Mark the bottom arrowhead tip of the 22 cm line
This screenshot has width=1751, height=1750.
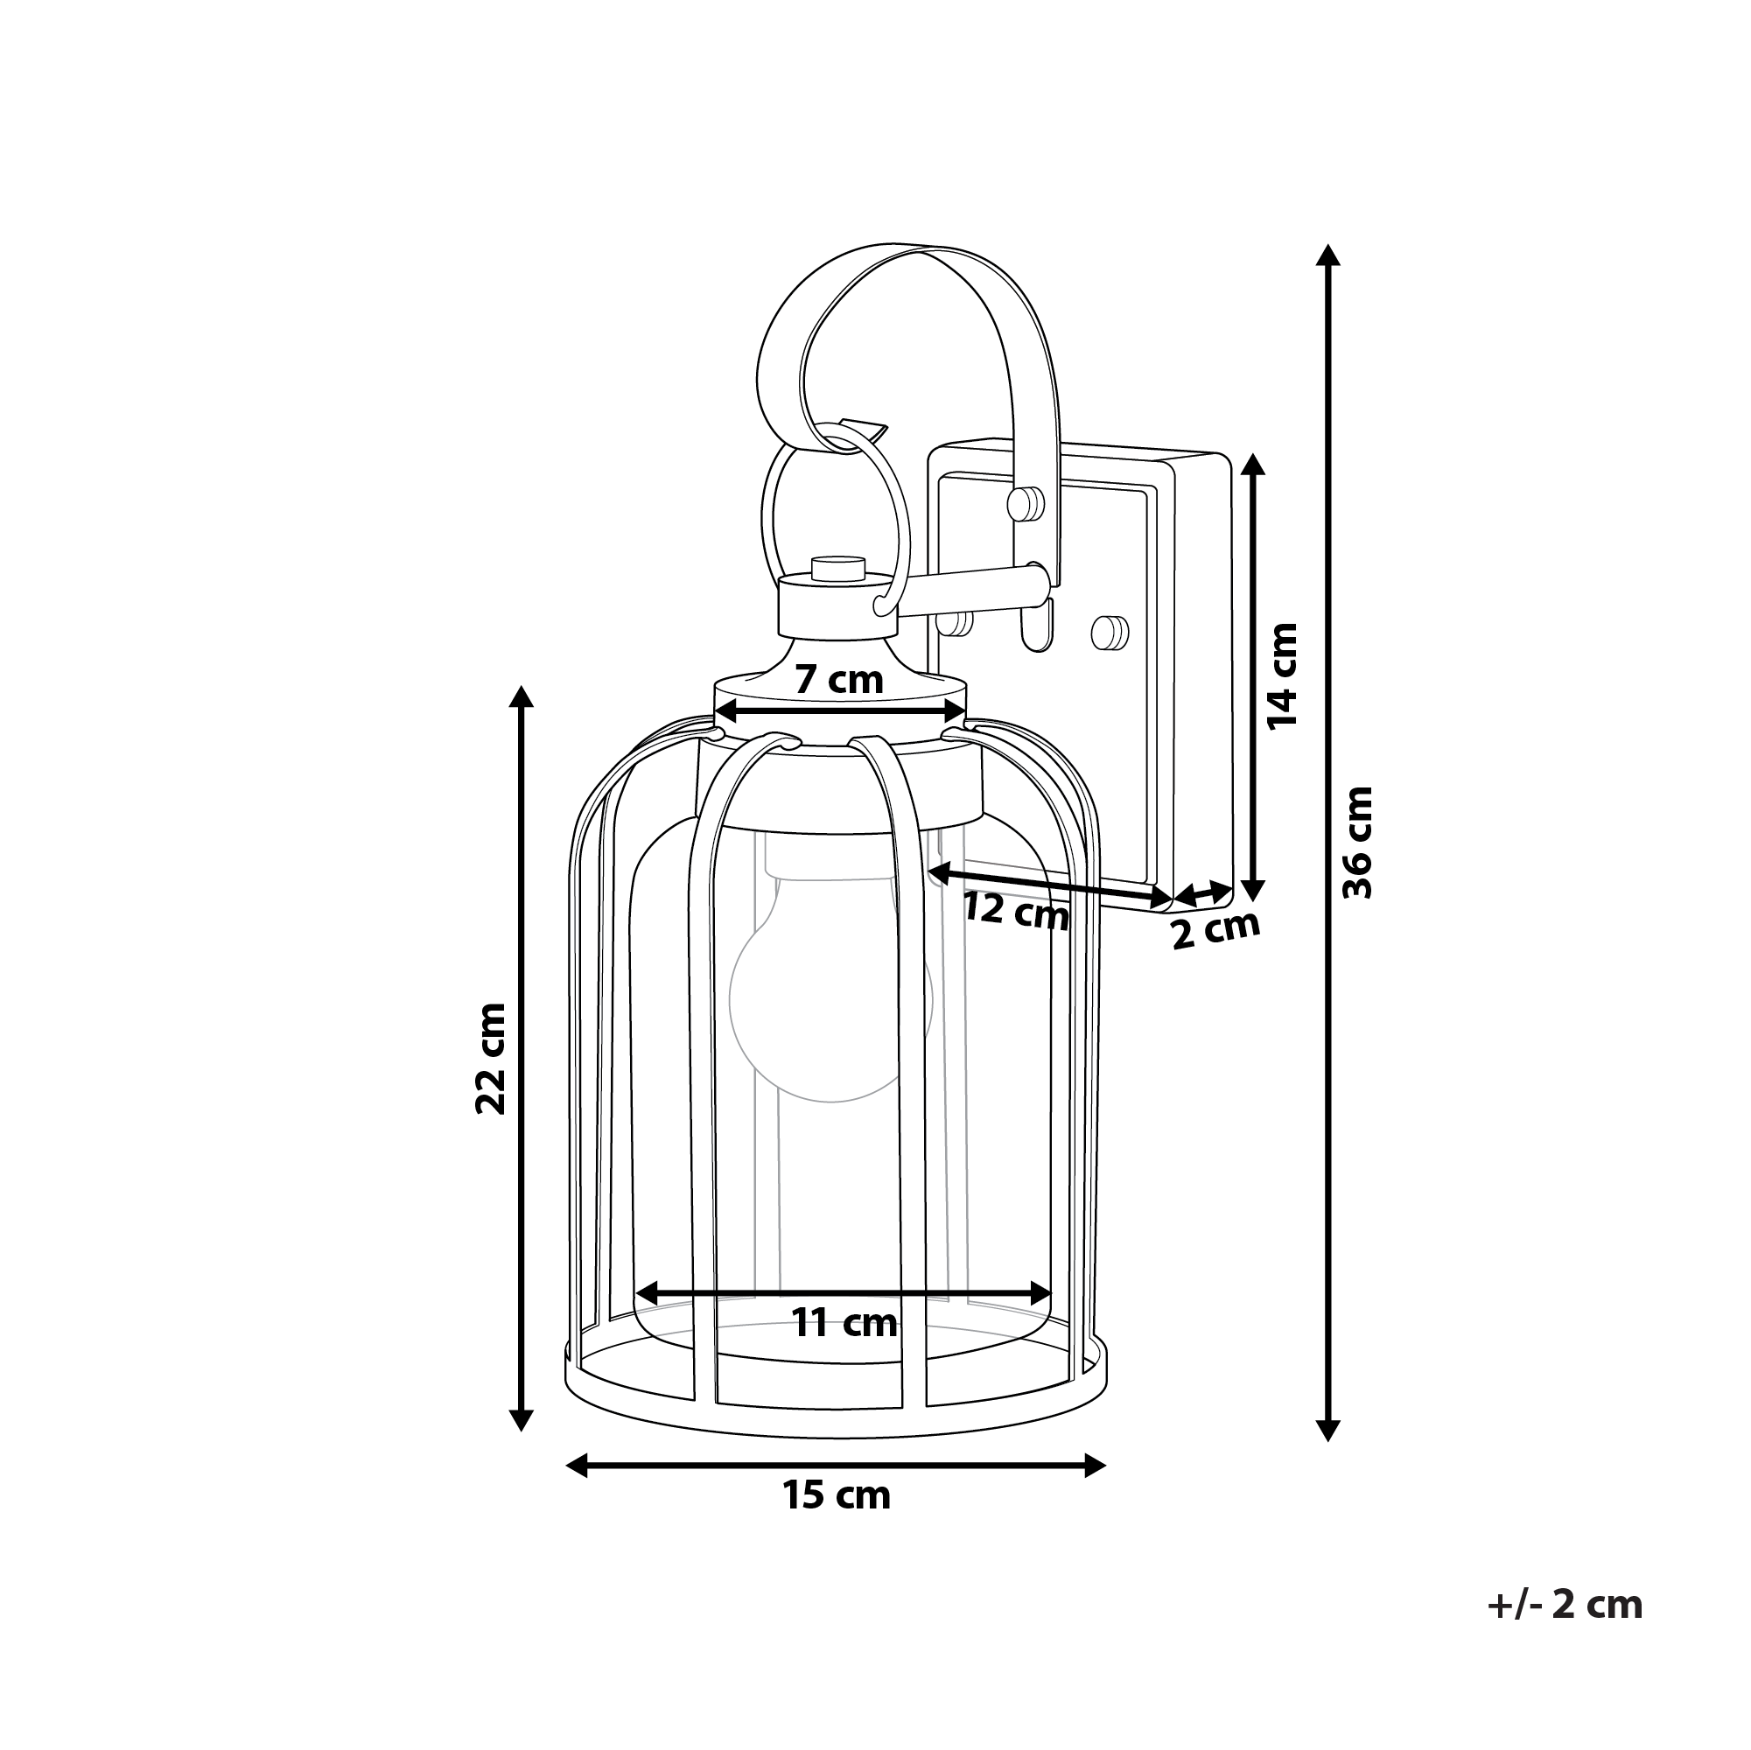(x=520, y=1431)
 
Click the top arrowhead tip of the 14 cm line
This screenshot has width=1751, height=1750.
(x=1252, y=454)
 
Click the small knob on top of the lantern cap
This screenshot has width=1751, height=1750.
(x=839, y=567)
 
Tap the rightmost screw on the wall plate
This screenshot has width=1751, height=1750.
(x=1111, y=632)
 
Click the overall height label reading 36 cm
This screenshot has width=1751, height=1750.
(x=1358, y=843)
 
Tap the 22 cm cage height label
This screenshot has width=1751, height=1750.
(x=490, y=1057)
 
